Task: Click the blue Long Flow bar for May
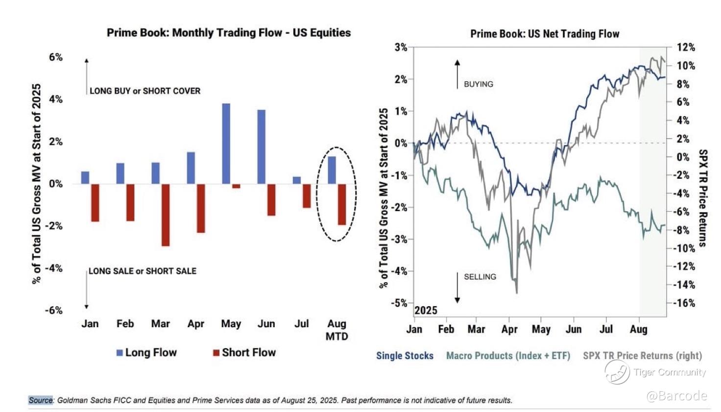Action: [x=226, y=144]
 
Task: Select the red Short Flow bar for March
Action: [x=166, y=215]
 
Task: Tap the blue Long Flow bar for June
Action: [x=261, y=147]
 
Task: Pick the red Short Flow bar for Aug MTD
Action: [x=341, y=204]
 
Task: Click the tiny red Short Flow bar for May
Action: [x=236, y=186]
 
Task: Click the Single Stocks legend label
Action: [x=405, y=356]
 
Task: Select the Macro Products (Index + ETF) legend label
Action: [x=508, y=356]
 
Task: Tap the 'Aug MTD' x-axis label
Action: [x=336, y=330]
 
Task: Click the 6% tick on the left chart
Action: [x=56, y=57]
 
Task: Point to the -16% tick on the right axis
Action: [x=683, y=303]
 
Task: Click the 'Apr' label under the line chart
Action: [x=509, y=329]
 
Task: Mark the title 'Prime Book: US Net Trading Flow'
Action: [x=545, y=34]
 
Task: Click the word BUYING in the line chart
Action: [x=479, y=84]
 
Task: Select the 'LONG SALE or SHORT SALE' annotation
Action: [x=143, y=271]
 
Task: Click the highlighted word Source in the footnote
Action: [x=41, y=400]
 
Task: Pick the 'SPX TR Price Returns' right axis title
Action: [x=702, y=198]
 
